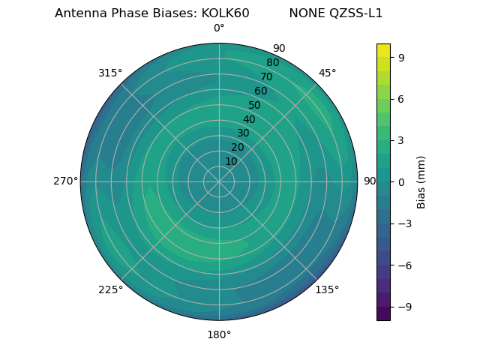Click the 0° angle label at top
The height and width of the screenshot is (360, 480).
click(219, 28)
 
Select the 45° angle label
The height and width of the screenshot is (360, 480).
click(327, 73)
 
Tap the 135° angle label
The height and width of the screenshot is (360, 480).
click(327, 289)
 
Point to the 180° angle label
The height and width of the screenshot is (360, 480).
click(219, 334)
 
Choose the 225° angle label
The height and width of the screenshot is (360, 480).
click(110, 289)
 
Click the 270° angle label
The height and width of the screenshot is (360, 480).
click(65, 181)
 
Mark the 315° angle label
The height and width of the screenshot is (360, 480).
click(110, 73)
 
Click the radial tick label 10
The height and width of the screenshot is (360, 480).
click(231, 161)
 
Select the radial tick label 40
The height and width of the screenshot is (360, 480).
click(249, 119)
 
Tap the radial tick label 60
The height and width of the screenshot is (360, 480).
click(260, 91)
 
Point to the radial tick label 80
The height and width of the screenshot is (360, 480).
click(272, 63)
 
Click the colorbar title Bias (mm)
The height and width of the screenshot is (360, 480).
click(421, 181)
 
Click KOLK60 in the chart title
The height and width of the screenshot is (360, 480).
click(225, 13)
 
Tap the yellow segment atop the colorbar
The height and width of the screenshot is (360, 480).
click(383, 50)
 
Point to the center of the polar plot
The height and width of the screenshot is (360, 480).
click(219, 181)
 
